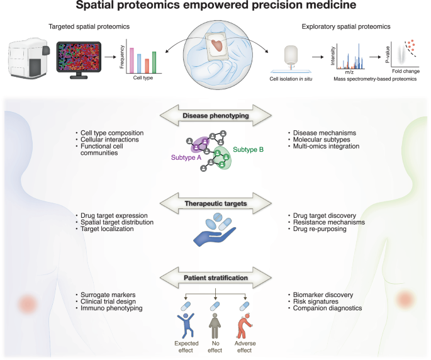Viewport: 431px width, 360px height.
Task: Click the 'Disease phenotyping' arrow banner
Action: [x=215, y=115]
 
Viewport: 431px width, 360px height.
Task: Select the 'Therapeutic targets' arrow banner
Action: [x=215, y=203]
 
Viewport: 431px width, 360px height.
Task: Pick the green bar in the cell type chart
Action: [x=154, y=63]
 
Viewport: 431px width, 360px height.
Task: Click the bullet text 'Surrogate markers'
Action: [x=108, y=294]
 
